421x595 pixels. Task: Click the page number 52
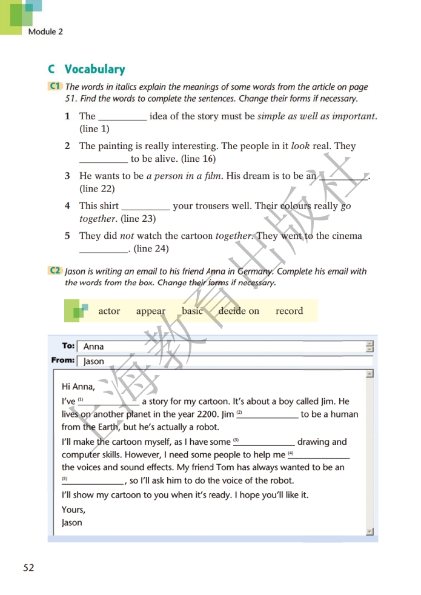(28, 568)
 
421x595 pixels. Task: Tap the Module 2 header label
(45, 32)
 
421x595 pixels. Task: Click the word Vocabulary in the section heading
(94, 69)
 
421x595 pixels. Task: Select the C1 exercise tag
(55, 87)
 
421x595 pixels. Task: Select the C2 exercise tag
(55, 271)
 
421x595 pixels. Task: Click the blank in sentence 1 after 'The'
(122, 117)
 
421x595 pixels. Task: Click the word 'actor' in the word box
(109, 311)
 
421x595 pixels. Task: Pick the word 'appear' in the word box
(151, 311)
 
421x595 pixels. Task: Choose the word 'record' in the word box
(289, 311)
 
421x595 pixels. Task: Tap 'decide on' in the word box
(239, 311)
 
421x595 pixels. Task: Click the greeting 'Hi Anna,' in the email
(78, 387)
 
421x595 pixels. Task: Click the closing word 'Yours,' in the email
(73, 510)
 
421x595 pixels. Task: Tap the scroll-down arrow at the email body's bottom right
(370, 531)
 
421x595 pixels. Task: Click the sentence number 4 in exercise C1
(67, 206)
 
